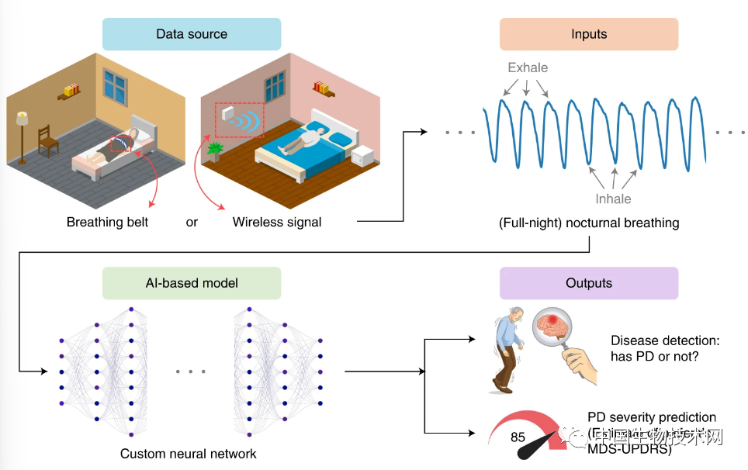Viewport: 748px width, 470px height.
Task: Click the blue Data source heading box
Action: pos(192,34)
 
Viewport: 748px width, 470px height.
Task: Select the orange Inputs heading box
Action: pos(588,34)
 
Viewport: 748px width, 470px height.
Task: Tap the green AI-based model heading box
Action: pos(192,284)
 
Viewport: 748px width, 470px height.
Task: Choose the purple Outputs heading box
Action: pos(588,284)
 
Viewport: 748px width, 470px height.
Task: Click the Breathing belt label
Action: pos(107,223)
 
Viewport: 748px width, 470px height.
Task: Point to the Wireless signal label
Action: pos(277,223)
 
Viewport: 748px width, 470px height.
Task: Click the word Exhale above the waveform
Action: pos(528,67)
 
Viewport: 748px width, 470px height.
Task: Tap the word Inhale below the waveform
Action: pos(613,199)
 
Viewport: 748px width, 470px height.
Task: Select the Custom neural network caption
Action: pos(189,454)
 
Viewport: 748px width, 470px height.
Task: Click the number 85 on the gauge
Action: pos(518,437)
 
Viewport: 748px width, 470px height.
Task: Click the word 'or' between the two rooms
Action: pos(192,223)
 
